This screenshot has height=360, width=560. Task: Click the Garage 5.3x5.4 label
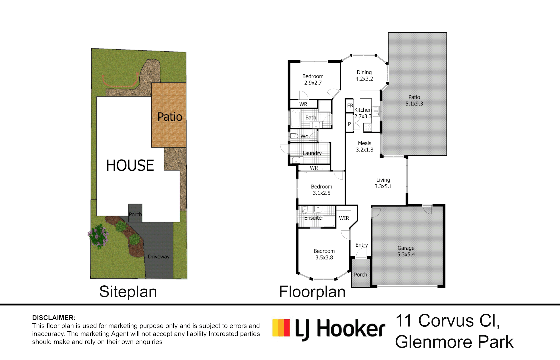coord(406,251)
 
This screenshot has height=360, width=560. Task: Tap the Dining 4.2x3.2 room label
coord(364,75)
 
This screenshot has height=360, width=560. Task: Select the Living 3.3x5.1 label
coord(383,183)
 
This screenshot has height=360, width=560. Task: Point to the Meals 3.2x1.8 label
coord(365,147)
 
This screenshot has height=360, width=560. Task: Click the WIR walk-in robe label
coord(344,218)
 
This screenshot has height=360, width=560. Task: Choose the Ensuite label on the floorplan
coord(313,218)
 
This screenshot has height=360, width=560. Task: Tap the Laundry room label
coord(312,153)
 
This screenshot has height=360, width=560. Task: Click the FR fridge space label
coord(350,106)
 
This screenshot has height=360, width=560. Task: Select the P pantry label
coord(349,124)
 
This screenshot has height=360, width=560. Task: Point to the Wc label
coord(304,136)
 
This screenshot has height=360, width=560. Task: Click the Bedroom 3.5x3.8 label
coord(324,254)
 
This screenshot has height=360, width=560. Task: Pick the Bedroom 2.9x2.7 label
coord(313,79)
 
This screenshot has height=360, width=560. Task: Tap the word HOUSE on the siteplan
coord(130,165)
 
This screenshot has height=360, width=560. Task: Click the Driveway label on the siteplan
coord(159,257)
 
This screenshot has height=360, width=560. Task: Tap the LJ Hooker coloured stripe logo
coord(281,327)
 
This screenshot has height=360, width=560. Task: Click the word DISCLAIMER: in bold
coord(54,318)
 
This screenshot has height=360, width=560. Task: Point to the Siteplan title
coord(128,292)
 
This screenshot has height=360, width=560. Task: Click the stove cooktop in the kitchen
coord(368,127)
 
